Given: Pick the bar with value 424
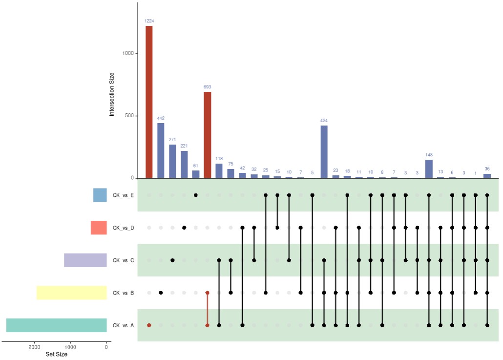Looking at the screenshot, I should point(324,152).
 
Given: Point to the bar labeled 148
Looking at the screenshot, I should point(429,169).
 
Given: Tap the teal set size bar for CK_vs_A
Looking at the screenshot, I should point(56,325).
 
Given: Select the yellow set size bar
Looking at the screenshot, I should point(71,293).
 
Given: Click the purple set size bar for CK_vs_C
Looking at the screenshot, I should point(85,260).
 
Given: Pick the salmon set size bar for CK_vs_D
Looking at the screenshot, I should point(98,228).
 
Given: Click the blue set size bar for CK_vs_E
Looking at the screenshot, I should point(100,195).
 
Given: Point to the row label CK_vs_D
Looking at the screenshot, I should point(123,228).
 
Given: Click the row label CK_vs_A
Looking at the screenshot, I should point(123,325).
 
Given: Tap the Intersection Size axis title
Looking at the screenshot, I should point(112,94).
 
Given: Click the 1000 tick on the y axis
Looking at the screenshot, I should point(128,54).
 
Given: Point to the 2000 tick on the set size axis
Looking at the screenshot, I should point(34,347).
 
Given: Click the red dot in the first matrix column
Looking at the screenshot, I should point(149,325).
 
